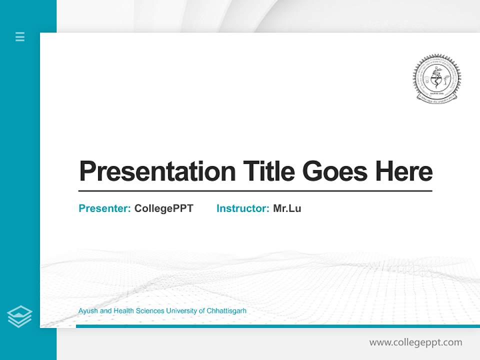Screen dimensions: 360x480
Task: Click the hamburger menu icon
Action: click(x=20, y=36)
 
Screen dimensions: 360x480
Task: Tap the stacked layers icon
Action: click(x=19, y=316)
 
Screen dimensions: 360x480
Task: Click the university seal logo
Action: click(x=436, y=78)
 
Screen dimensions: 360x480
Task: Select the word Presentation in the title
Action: click(x=157, y=171)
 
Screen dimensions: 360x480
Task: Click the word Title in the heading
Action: click(x=268, y=171)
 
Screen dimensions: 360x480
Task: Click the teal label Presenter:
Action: click(x=104, y=208)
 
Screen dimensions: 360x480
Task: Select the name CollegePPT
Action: click(x=163, y=208)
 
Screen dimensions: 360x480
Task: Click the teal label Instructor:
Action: click(x=242, y=208)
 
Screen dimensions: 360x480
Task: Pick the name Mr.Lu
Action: click(x=287, y=208)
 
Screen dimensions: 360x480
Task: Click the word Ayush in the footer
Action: click(x=88, y=311)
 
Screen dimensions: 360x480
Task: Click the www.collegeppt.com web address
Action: click(x=415, y=342)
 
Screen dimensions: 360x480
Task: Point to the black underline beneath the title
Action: click(x=255, y=191)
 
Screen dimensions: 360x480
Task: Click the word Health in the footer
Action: click(x=123, y=311)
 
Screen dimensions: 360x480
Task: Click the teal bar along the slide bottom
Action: click(x=277, y=326)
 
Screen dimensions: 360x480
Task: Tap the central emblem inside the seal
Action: click(x=436, y=77)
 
